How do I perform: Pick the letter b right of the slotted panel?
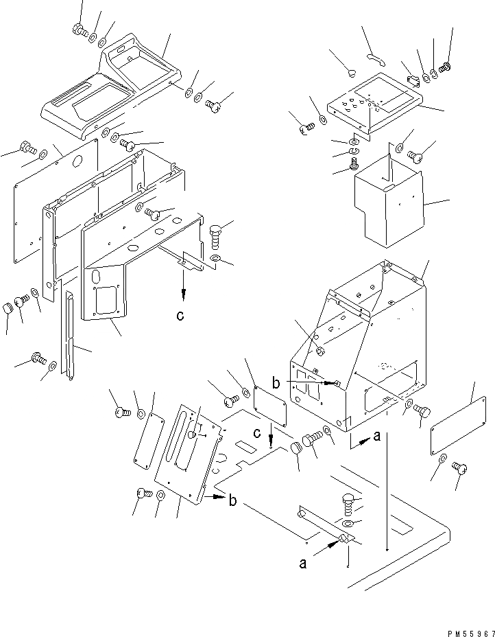[233, 501]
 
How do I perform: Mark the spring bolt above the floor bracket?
[347, 506]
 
